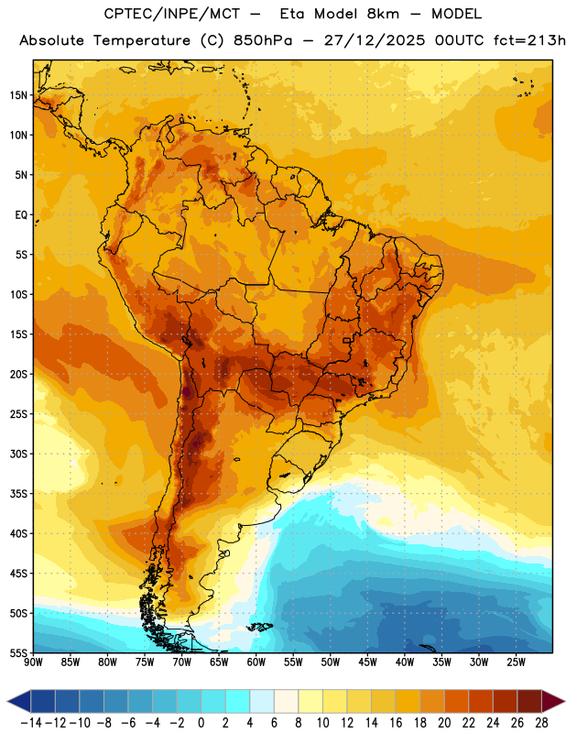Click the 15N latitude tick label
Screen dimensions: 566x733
18,95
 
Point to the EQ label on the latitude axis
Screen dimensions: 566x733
21,215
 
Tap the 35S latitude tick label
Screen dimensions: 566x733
18,494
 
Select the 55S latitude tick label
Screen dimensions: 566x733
18,652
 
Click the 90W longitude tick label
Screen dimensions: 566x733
33,662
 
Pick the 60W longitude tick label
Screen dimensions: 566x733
256,662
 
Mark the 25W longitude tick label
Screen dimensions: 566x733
516,662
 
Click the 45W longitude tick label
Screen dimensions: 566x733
367,662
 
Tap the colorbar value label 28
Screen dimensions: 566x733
541,723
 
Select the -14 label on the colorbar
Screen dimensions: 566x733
31,723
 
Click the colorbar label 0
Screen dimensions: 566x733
201,723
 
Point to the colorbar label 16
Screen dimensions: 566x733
396,723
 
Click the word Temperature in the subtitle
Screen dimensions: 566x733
142,40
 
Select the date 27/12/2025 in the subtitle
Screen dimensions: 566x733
375,40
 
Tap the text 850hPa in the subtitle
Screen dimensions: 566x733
263,40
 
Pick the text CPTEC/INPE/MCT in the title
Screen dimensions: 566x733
171,14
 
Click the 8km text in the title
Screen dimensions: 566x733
383,14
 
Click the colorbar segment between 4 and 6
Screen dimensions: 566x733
262,701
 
